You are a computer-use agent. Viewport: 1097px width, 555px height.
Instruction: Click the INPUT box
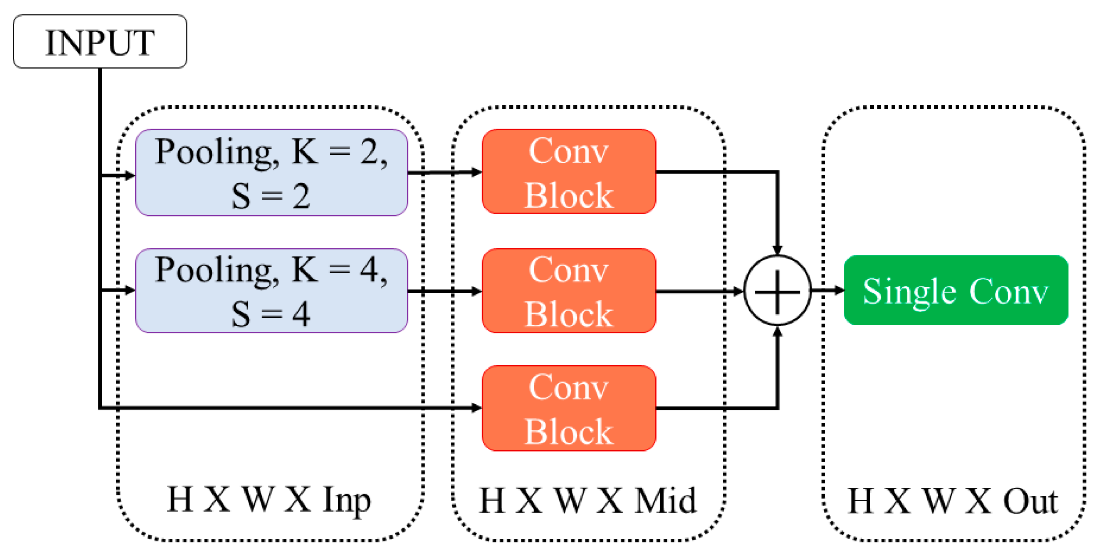100,42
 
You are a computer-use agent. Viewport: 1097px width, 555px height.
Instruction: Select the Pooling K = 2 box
272,172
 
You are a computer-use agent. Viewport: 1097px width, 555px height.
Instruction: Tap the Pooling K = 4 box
272,291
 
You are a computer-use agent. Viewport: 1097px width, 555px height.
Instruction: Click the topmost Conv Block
569,171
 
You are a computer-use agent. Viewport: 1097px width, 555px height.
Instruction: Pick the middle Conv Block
569,291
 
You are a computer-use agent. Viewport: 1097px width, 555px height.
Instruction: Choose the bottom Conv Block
569,408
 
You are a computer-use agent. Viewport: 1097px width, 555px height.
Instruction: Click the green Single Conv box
956,290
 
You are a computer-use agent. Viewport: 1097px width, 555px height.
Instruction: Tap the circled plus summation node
777,291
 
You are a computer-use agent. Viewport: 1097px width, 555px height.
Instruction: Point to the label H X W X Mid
587,500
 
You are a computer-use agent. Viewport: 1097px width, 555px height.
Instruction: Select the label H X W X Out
953,501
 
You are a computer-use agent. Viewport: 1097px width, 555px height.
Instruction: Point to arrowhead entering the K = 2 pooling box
130,176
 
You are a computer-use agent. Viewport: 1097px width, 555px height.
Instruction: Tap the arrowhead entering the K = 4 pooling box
130,290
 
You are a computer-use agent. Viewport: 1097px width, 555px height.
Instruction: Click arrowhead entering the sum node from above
777,251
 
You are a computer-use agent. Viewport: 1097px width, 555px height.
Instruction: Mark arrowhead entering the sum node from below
777,331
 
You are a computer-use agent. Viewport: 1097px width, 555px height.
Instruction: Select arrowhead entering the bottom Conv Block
476,408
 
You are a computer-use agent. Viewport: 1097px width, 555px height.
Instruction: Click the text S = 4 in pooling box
271,314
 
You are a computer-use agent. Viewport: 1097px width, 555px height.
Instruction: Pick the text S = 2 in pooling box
271,196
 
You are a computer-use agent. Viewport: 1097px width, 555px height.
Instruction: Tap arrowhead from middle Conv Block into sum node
738,291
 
